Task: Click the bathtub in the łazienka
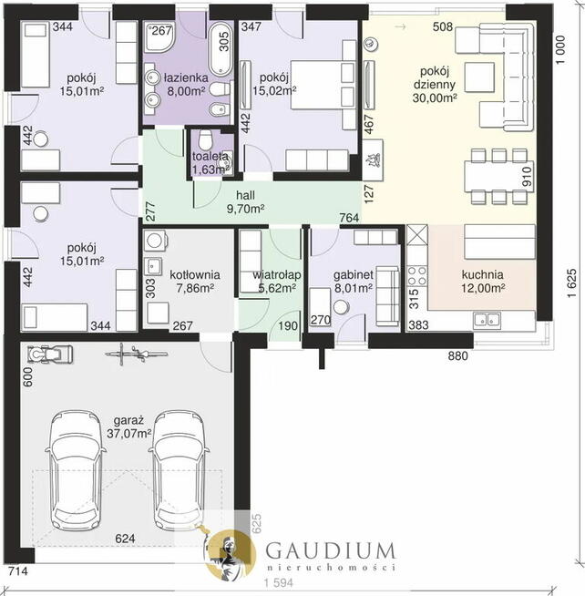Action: click(x=221, y=49)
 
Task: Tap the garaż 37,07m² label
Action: click(x=128, y=426)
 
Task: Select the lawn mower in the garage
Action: click(x=50, y=355)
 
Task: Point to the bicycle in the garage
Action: click(x=136, y=354)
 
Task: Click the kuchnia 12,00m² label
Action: click(x=483, y=281)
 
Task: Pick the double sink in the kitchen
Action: click(x=487, y=321)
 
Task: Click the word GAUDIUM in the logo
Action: click(x=330, y=551)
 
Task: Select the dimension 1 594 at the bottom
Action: click(x=279, y=582)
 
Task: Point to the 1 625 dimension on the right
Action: click(x=571, y=283)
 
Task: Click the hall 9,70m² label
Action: click(x=245, y=201)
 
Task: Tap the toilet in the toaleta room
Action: click(x=205, y=139)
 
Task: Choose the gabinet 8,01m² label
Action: click(x=354, y=282)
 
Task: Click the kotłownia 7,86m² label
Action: click(x=195, y=282)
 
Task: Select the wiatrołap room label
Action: click(x=277, y=275)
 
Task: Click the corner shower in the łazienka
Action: click(x=159, y=36)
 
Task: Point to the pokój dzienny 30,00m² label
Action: click(x=435, y=85)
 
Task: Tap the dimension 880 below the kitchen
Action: click(x=457, y=355)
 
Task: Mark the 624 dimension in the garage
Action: click(x=125, y=539)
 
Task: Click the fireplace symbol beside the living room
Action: click(x=373, y=159)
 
